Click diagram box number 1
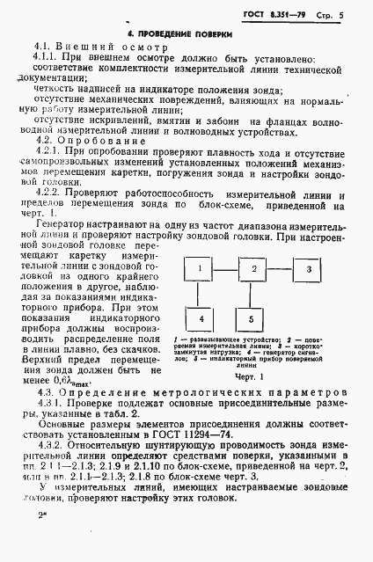(x=200, y=267)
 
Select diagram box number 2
(x=253, y=267)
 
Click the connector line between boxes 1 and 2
(x=226, y=267)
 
